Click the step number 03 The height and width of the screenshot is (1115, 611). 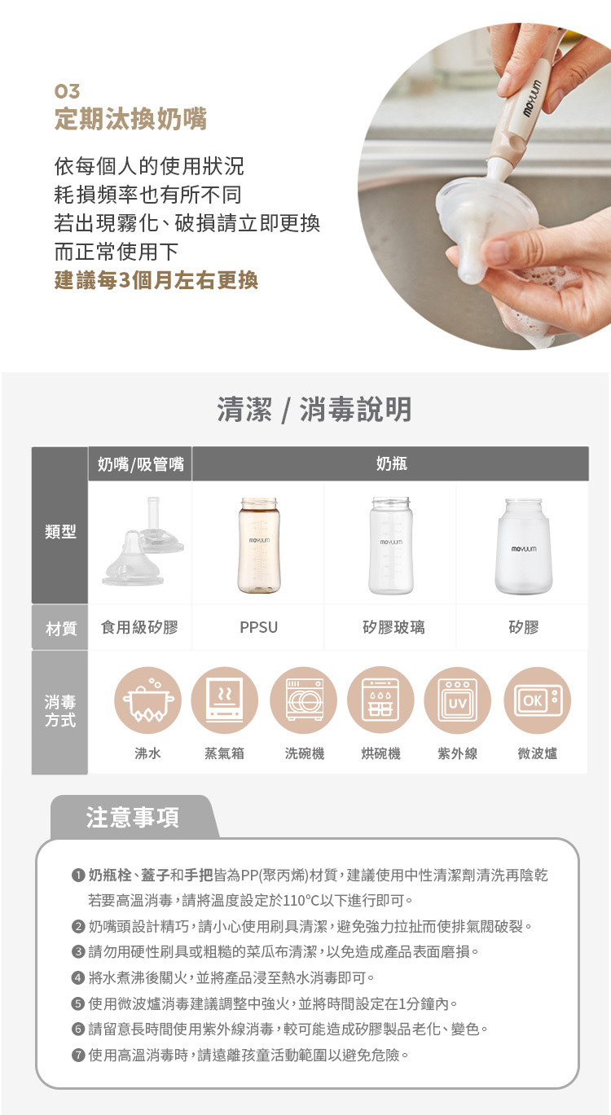67,90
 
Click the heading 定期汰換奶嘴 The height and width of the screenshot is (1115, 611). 130,120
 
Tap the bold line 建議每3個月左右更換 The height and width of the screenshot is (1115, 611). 156,280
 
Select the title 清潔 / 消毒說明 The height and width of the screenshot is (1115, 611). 314,410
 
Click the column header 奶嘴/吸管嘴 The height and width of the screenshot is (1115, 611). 140,464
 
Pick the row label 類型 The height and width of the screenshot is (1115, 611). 60,532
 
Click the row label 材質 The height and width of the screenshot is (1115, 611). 60,627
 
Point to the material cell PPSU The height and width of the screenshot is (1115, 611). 258,627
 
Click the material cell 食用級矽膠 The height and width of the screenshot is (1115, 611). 139,627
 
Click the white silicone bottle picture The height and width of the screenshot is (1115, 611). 523,547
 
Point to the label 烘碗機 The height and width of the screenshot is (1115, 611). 380,754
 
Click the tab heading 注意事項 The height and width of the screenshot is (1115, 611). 133,818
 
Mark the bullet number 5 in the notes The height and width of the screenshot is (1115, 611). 78,1003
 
